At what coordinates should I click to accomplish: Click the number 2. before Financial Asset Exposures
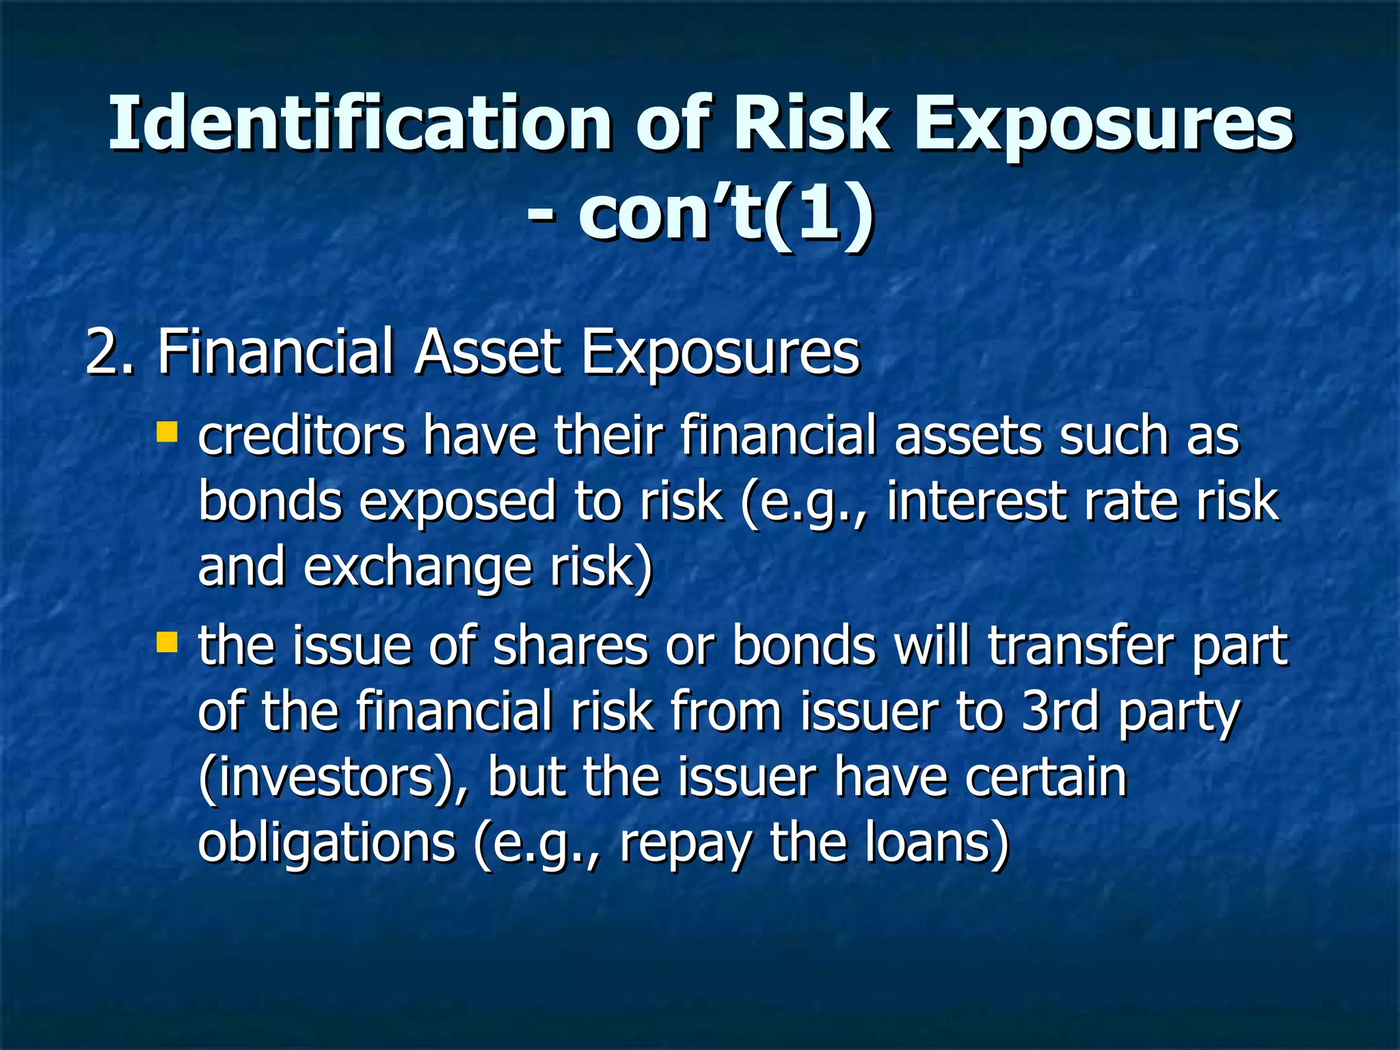click(x=109, y=351)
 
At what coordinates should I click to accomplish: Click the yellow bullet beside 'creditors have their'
click(x=167, y=433)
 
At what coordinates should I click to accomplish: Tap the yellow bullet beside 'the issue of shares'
click(x=167, y=643)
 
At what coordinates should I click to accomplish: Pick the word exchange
click(x=417, y=567)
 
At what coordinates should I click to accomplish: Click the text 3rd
click(x=1060, y=711)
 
